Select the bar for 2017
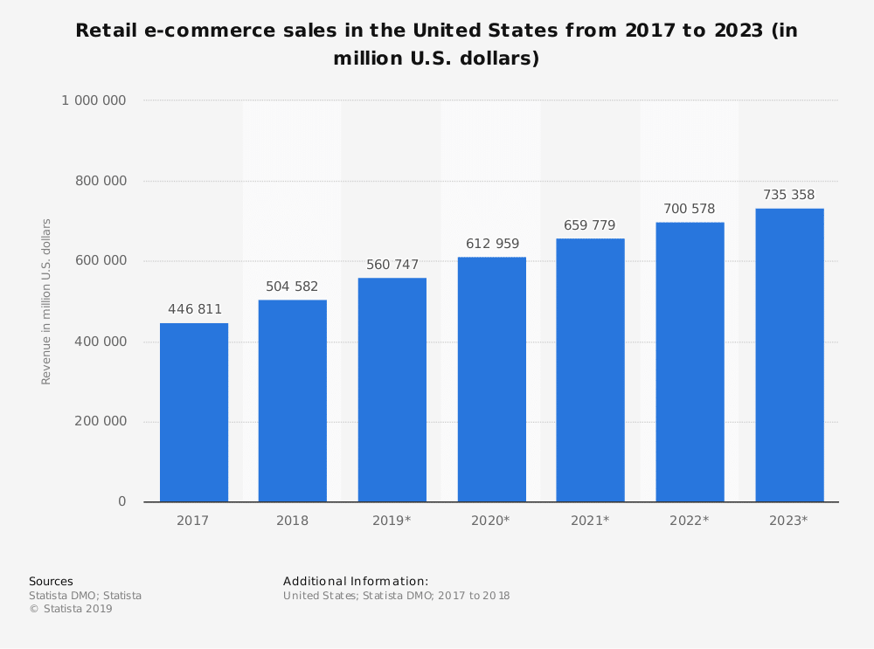[194, 412]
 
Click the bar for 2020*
[492, 379]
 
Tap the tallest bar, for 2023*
[789, 355]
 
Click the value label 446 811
[195, 309]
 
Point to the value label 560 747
[392, 265]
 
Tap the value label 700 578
[689, 209]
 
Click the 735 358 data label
[788, 195]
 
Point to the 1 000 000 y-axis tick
[94, 100]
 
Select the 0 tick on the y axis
[121, 501]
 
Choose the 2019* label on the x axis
[392, 521]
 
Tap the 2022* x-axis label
[689, 521]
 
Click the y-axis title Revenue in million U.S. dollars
[47, 301]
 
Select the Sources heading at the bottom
[51, 581]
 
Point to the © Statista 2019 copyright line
[71, 609]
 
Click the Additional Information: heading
[356, 581]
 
